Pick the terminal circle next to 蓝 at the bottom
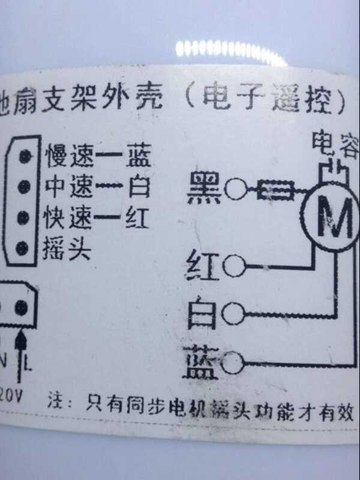[x=235, y=361]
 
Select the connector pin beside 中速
[x=25, y=186]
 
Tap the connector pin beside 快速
[x=25, y=217]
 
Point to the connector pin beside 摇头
[x=25, y=247]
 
